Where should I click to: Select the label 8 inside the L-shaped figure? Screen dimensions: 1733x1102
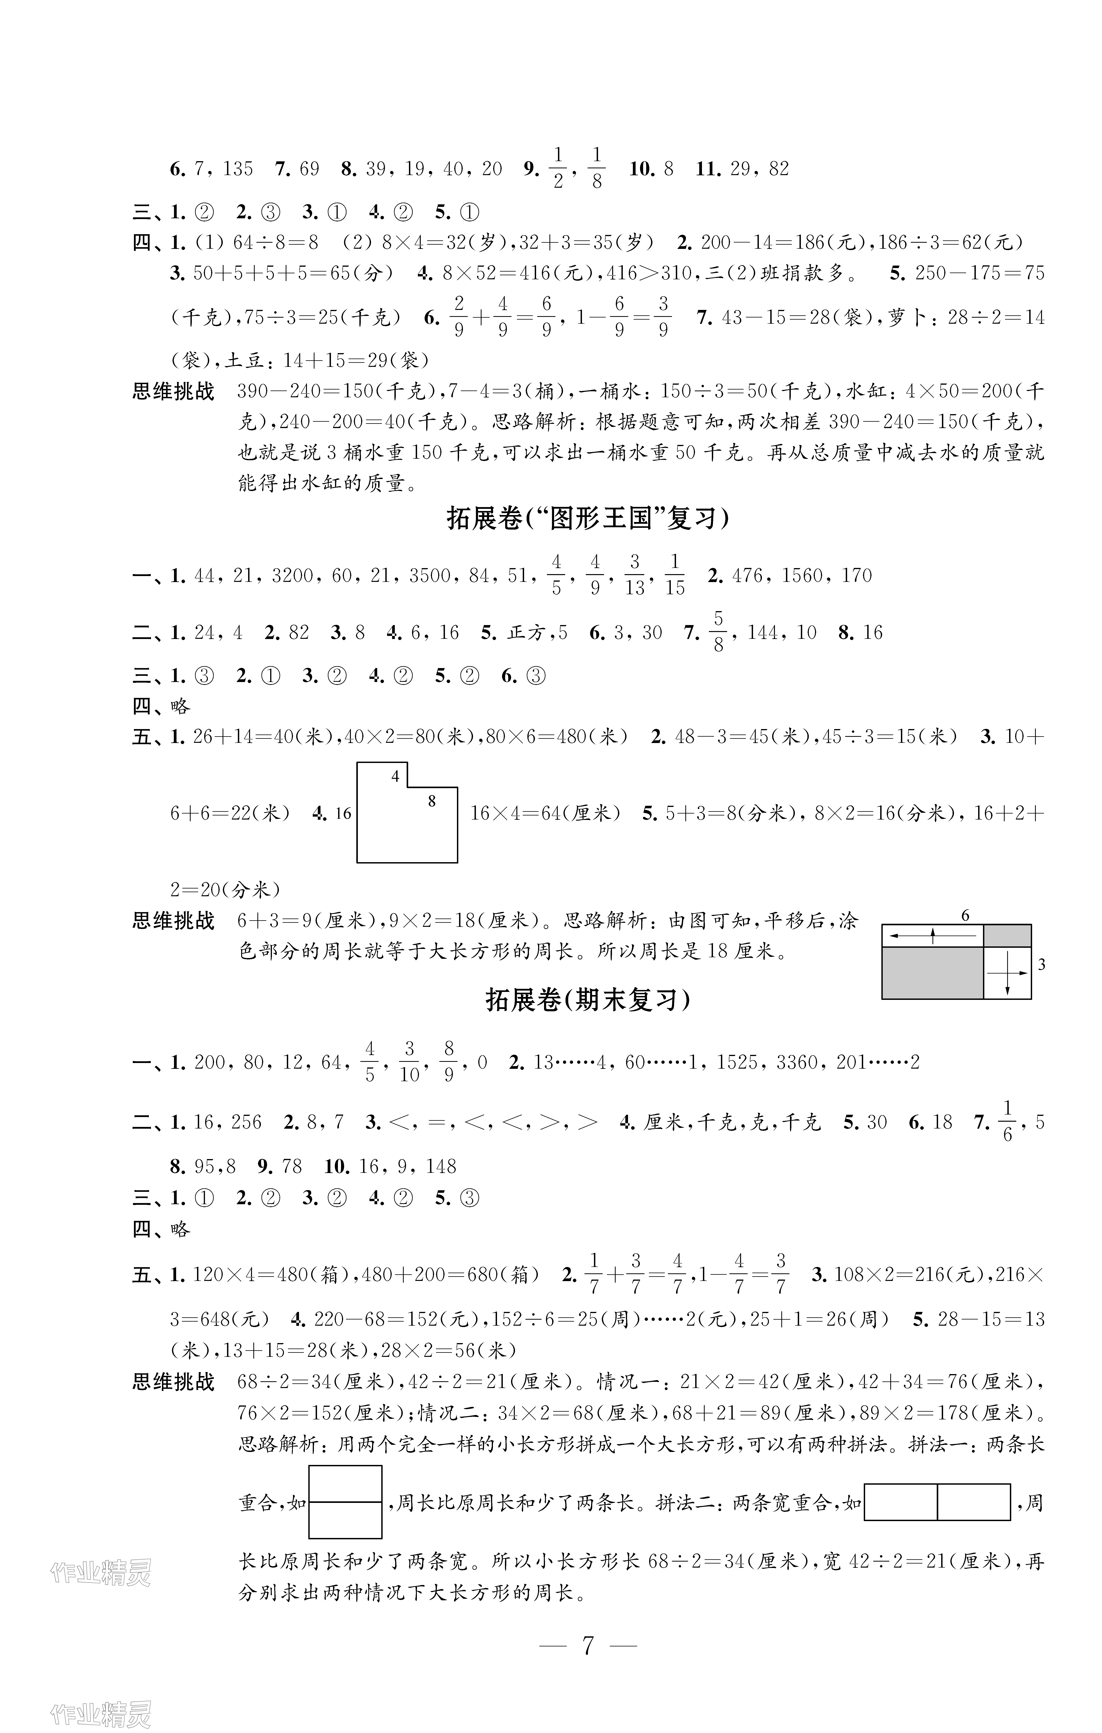point(432,801)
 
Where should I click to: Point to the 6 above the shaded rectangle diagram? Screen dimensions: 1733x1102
point(965,915)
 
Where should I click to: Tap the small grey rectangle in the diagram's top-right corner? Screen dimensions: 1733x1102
point(1007,936)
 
